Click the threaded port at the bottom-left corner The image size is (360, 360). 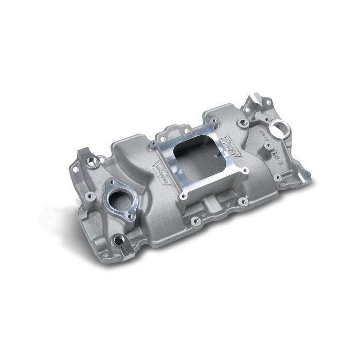(x=119, y=240)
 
